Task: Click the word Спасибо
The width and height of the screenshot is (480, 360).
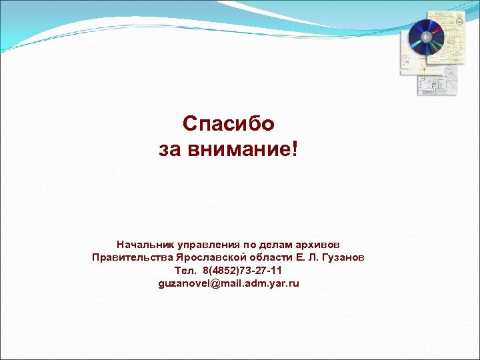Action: click(x=228, y=124)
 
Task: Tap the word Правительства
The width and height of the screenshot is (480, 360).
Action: click(x=133, y=257)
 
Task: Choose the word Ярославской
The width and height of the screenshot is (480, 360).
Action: click(x=210, y=257)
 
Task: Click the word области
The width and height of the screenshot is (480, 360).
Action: click(x=270, y=257)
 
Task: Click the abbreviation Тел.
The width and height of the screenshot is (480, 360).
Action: click(x=185, y=271)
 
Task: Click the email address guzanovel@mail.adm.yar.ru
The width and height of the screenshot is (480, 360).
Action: click(x=229, y=283)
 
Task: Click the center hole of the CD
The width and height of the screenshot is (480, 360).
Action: click(x=425, y=37)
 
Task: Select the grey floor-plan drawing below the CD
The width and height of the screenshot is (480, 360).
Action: click(x=436, y=83)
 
